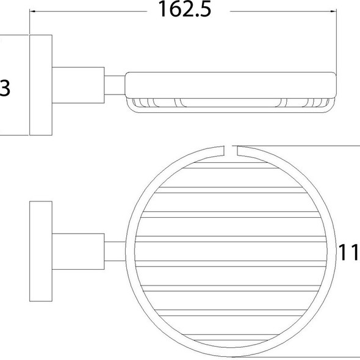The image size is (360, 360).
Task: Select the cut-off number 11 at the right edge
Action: [349, 251]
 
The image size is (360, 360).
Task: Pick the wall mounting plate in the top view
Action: [41, 251]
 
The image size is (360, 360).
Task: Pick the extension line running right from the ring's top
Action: [299, 146]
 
